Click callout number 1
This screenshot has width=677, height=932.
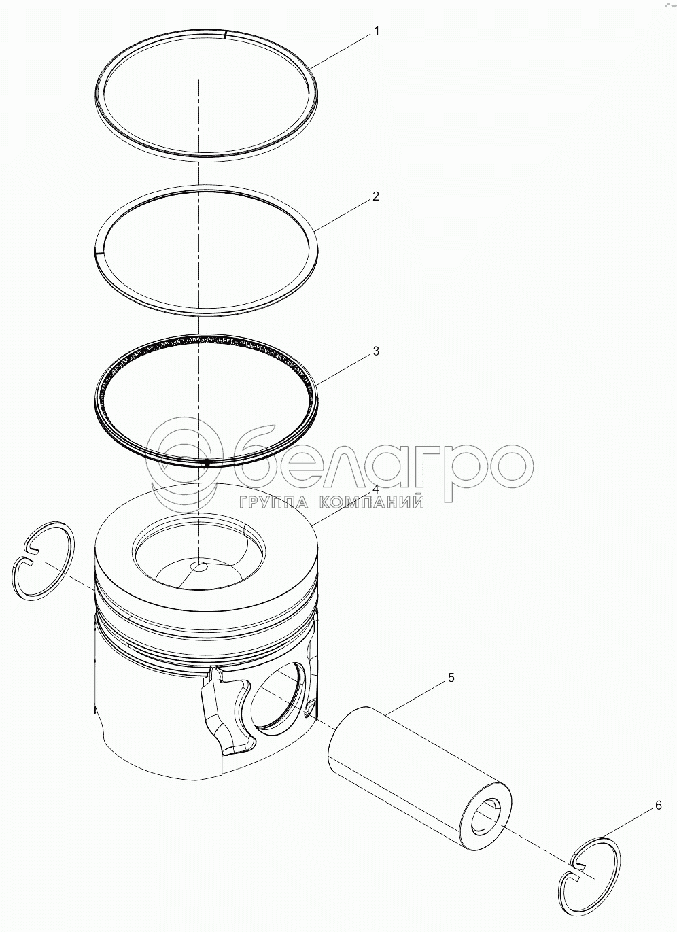point(377,31)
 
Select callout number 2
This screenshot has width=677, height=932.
point(376,196)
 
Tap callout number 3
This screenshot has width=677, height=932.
point(376,351)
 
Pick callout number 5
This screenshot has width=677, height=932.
point(451,677)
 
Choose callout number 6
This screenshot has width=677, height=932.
point(658,806)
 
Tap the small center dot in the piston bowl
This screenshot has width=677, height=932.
point(200,566)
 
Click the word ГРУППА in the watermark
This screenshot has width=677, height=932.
point(273,502)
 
